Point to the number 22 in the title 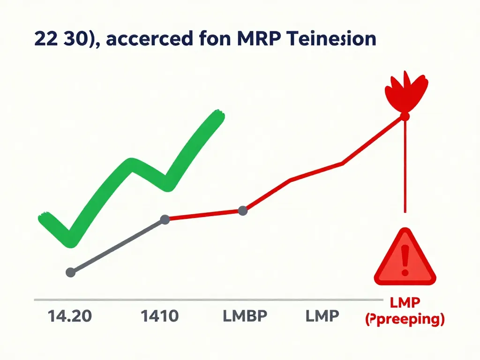pos(45,39)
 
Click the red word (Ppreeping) pos(404,320)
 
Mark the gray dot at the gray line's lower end pos(71,272)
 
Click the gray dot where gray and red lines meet pos(165,219)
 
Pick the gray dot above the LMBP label pos(243,211)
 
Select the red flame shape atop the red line pos(406,91)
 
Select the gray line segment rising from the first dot pos(117,246)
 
